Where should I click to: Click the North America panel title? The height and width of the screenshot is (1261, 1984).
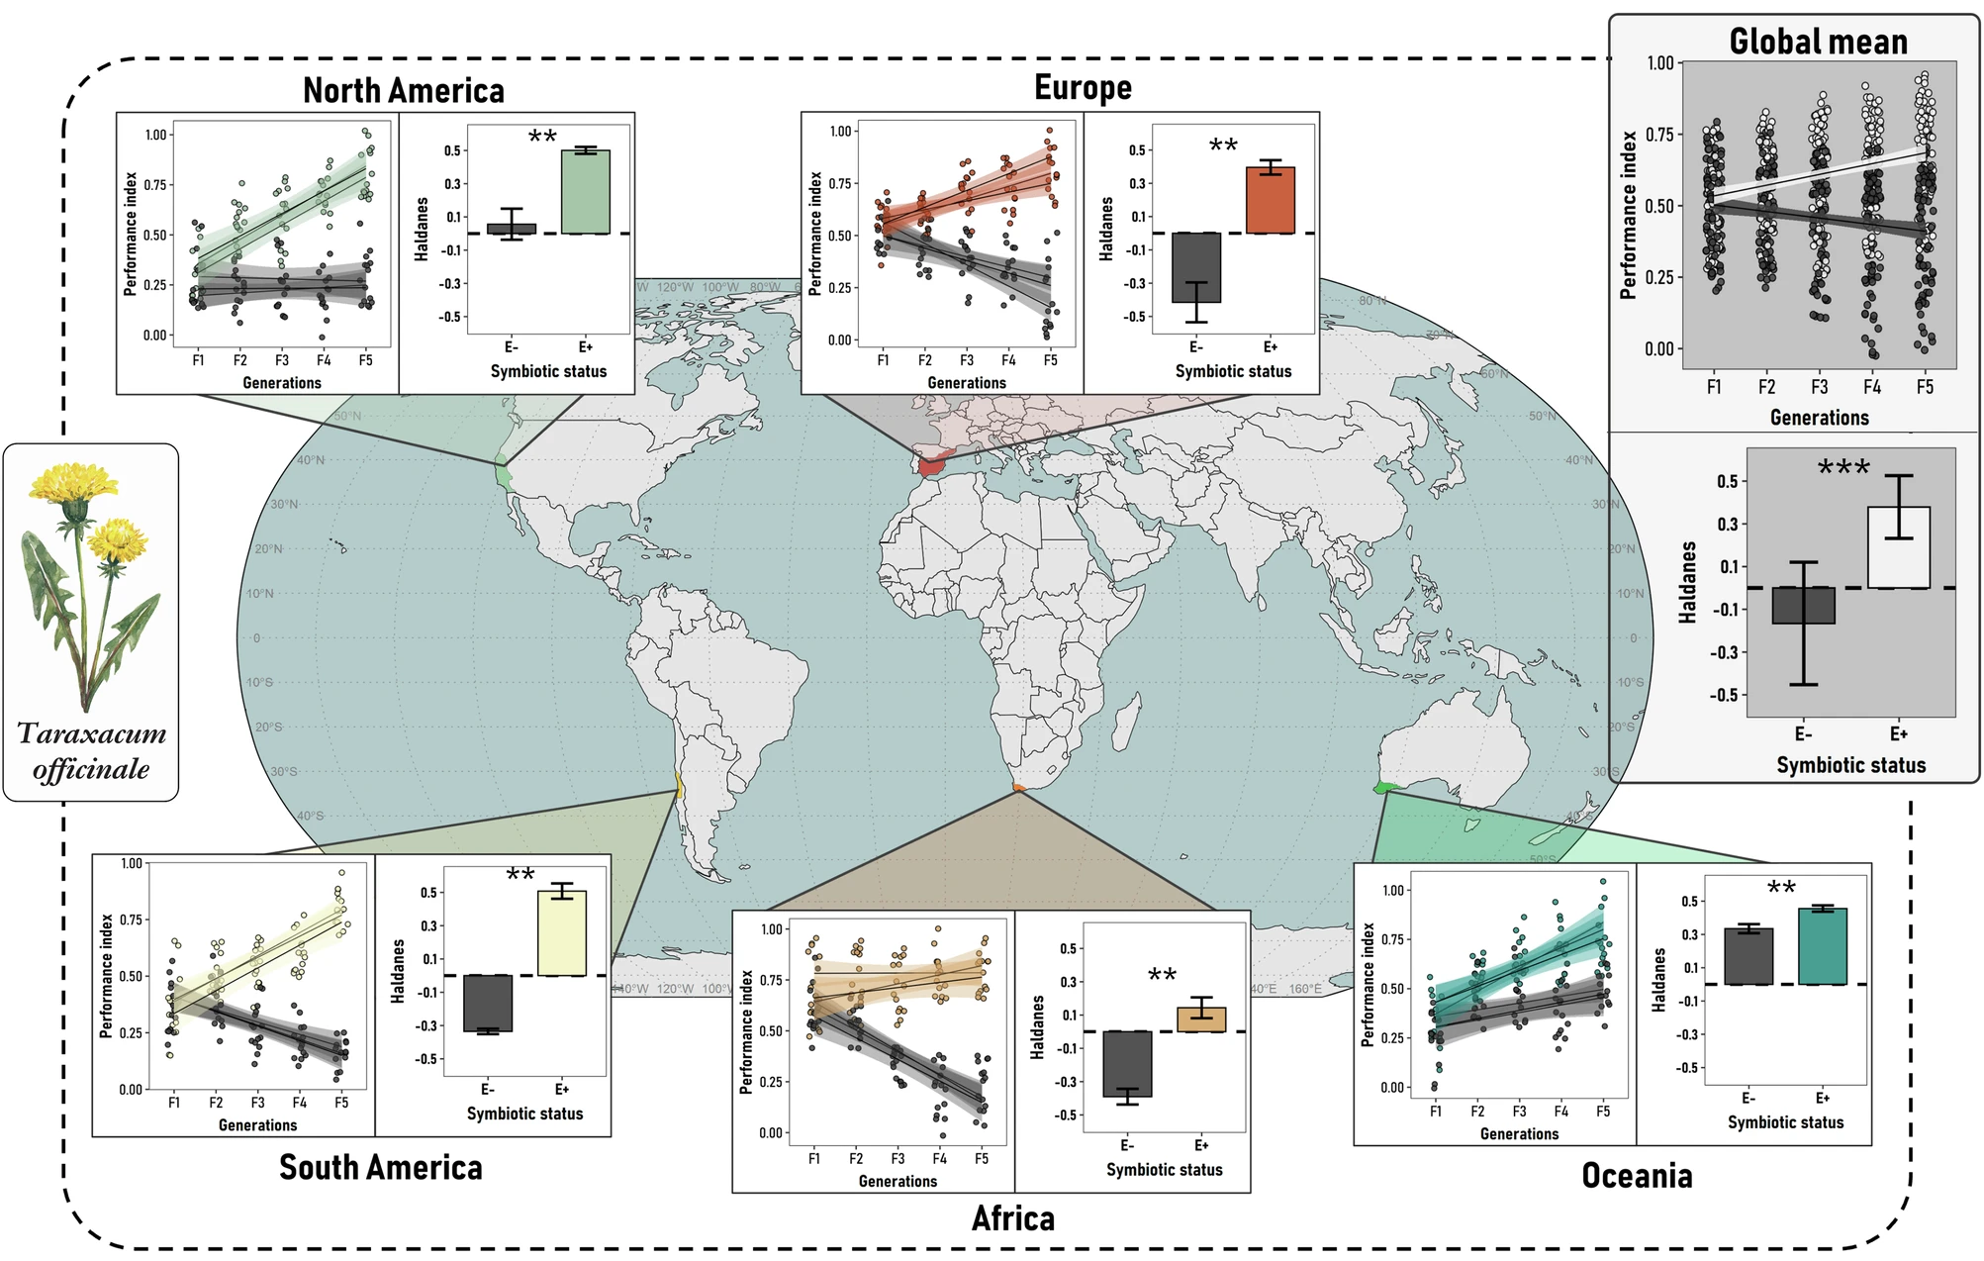(x=403, y=91)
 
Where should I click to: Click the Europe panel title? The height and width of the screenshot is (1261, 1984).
(x=1083, y=88)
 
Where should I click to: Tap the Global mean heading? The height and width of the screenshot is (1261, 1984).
(x=1818, y=42)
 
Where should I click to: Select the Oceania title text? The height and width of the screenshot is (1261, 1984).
(x=1637, y=1176)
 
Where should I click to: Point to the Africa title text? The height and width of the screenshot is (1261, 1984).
(x=1013, y=1218)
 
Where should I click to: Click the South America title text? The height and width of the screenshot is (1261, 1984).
(x=380, y=1168)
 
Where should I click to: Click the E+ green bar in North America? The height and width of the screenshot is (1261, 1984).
(x=585, y=192)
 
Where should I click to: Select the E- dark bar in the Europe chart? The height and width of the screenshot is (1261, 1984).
(x=1196, y=267)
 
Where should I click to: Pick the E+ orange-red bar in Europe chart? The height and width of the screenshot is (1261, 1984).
(x=1271, y=200)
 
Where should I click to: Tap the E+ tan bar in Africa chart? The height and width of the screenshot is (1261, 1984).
(x=1201, y=1019)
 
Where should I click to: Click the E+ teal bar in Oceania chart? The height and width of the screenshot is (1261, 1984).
(x=1823, y=946)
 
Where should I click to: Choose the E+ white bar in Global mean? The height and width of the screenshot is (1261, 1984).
(x=1898, y=547)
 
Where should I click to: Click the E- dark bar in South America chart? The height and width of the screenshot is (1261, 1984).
(x=488, y=1004)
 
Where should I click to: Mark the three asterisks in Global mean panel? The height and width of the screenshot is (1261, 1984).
(x=1843, y=468)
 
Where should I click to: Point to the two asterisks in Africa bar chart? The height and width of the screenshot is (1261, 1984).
(x=1162, y=976)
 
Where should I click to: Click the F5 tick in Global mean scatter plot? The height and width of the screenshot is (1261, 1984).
(x=1924, y=387)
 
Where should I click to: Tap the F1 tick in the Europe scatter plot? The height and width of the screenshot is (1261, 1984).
(x=883, y=360)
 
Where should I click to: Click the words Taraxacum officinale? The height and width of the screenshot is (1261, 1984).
(x=91, y=751)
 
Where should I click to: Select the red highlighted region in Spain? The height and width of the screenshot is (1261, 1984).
(x=932, y=466)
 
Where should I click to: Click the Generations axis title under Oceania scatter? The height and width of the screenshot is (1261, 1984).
(x=1519, y=1134)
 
